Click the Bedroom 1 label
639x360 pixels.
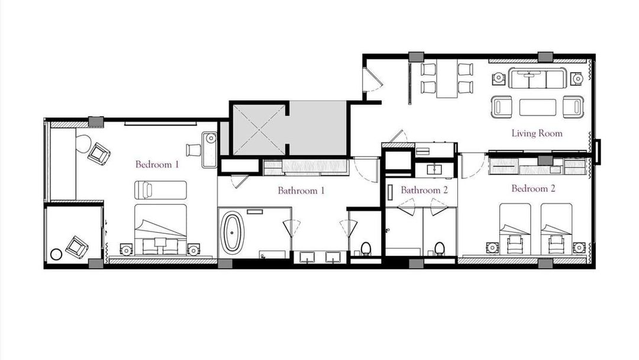(157, 165)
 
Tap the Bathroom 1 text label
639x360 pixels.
(301, 191)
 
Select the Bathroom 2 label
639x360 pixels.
(424, 190)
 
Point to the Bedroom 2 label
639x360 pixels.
(533, 189)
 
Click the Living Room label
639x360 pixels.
(537, 133)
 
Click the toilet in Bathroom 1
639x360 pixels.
(366, 248)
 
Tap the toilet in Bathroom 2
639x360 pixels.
(439, 248)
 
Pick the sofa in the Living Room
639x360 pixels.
(537, 78)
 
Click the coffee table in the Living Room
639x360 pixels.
(537, 107)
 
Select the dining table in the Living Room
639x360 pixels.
(447, 79)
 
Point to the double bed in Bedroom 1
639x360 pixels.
(160, 230)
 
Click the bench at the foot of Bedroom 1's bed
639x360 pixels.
(160, 190)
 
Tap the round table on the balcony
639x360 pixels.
(56, 255)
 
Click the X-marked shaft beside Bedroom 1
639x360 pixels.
(259, 130)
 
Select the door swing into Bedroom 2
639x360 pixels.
(473, 166)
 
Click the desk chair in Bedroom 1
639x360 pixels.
(193, 150)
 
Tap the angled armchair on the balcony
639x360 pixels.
(77, 247)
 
